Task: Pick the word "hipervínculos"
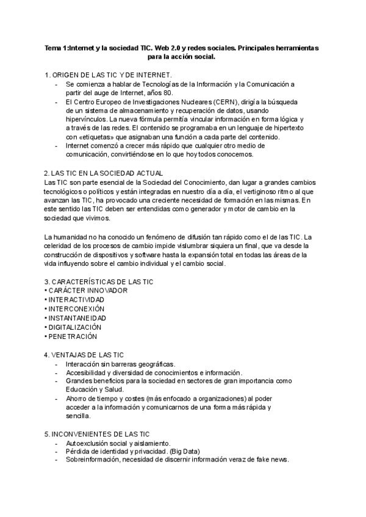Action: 86,119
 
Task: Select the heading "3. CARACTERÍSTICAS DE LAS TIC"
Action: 99,282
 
